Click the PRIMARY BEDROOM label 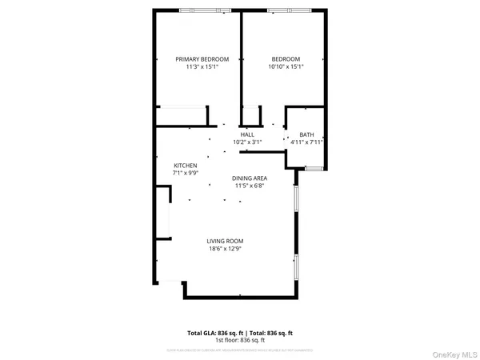coord(202,59)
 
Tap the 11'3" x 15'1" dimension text coord(202,67)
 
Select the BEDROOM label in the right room coord(286,59)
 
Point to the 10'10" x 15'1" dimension coord(286,67)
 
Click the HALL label coord(247,134)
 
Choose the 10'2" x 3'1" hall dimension coord(247,142)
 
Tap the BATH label coord(306,134)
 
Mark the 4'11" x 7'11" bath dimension coord(307,142)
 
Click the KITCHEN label coord(186,166)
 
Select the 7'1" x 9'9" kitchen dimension coord(186,173)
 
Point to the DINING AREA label coord(250,178)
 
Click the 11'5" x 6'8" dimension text coord(250,186)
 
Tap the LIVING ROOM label coord(225,241)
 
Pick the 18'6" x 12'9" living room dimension coord(225,249)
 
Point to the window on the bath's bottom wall coord(313,167)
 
